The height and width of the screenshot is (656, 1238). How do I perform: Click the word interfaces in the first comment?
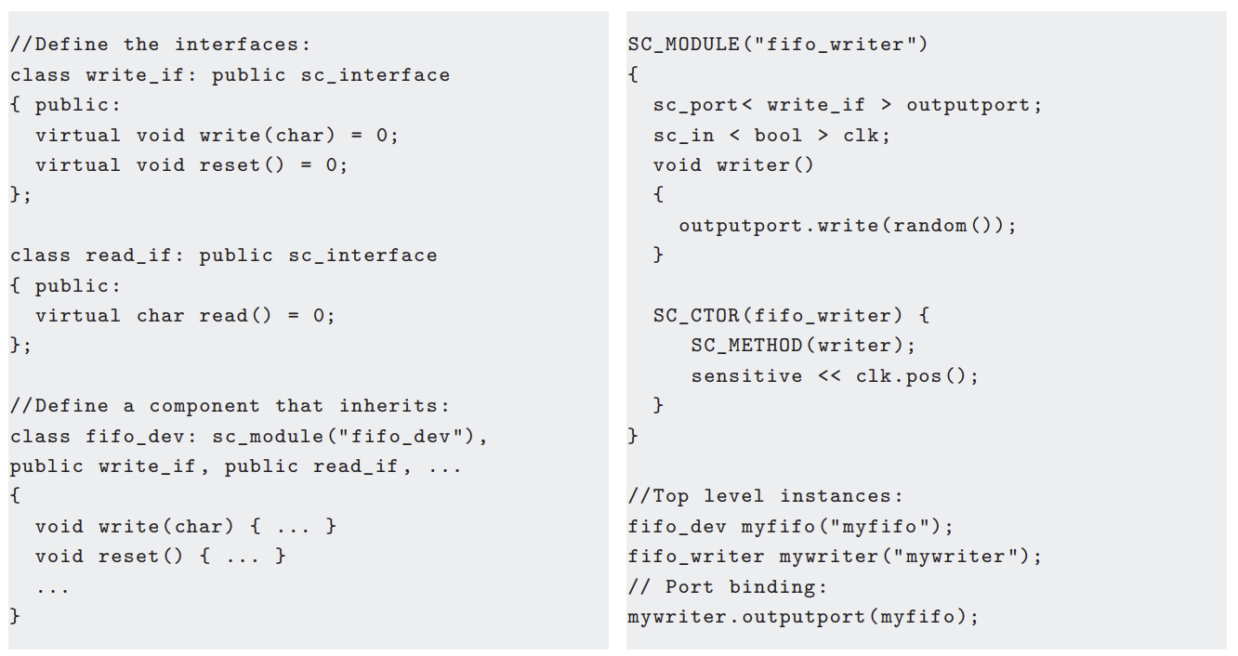(243, 45)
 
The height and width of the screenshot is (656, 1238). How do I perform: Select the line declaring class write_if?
(230, 75)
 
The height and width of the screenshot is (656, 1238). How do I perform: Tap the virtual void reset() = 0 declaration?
(191, 165)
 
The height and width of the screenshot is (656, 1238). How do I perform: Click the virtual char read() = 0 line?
(185, 316)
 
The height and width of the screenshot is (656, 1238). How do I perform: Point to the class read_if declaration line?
(223, 256)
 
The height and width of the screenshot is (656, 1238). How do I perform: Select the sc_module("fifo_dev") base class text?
(349, 437)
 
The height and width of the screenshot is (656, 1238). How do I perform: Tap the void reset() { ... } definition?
(160, 557)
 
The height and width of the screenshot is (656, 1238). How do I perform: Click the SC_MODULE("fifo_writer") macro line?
(777, 45)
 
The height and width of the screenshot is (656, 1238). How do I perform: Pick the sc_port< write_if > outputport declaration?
(847, 105)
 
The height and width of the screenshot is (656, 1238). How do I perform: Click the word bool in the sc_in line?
(778, 136)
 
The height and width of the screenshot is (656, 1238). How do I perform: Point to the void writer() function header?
(733, 165)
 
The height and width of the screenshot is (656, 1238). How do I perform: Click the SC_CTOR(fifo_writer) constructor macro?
(790, 316)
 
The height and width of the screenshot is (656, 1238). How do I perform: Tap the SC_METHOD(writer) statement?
(803, 346)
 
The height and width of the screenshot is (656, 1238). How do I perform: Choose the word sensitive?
(746, 376)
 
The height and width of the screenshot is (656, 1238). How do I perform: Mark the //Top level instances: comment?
(765, 496)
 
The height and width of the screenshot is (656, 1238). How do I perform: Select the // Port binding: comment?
(727, 587)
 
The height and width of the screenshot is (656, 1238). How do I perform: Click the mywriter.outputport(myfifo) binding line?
(803, 617)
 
